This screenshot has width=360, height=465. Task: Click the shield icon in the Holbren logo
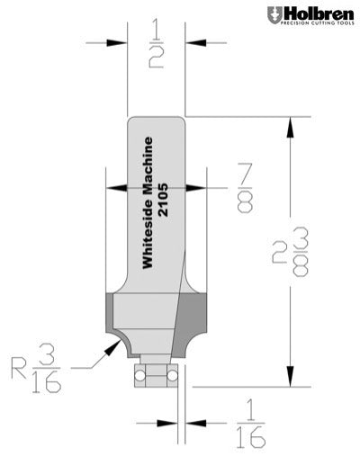coord(273,14)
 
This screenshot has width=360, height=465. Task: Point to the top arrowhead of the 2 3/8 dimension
coord(288,126)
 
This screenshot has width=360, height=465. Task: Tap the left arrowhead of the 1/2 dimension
coord(118,42)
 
